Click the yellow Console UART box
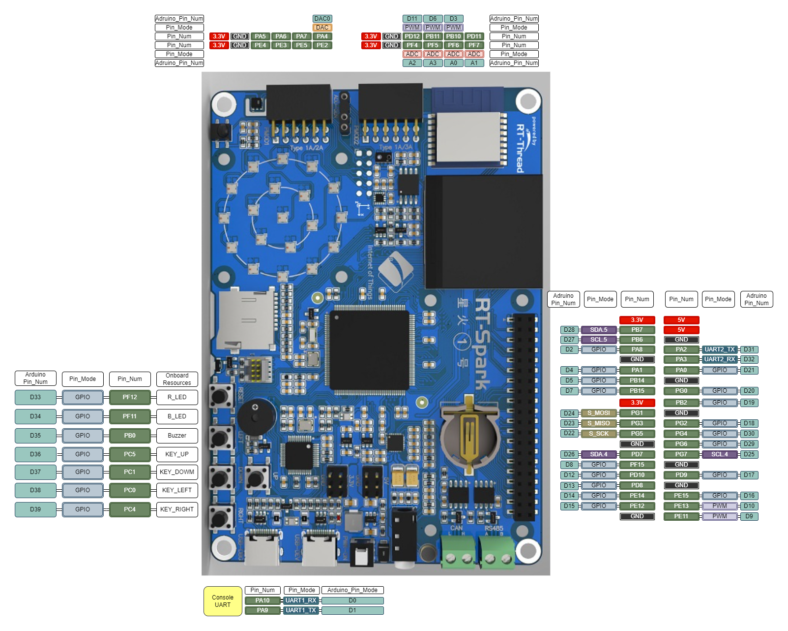tap(223, 601)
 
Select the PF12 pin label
tap(130, 397)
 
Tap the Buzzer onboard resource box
tap(177, 436)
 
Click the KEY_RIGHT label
tap(177, 509)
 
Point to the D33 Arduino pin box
tap(35, 397)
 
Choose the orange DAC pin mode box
tap(322, 28)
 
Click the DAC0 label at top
tap(322, 19)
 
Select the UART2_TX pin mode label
tap(719, 349)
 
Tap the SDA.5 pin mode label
tap(599, 330)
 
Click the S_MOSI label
tap(599, 413)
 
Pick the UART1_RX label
tap(301, 600)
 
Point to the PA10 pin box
tap(263, 600)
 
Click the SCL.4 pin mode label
tap(719, 454)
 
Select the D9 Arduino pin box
tap(749, 516)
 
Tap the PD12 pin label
tap(412, 36)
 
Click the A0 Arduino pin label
tap(453, 63)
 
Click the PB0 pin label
tap(130, 436)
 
